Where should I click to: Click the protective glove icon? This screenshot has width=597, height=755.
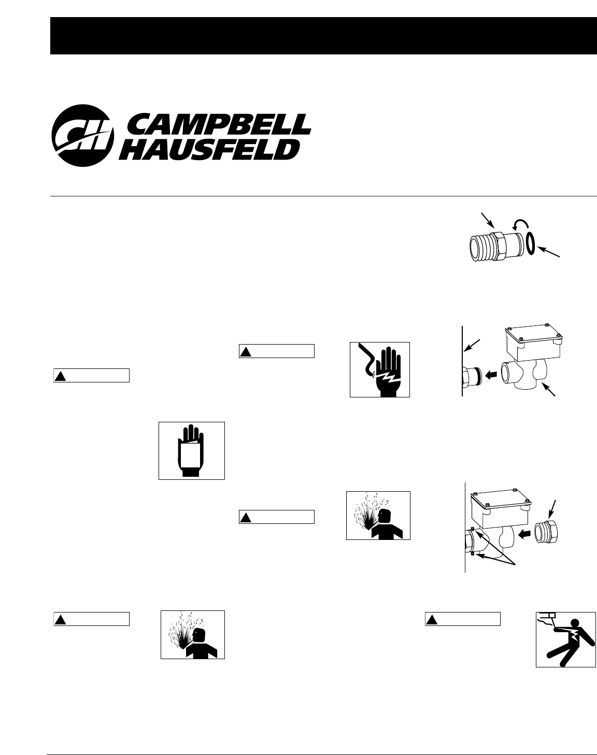point(191,450)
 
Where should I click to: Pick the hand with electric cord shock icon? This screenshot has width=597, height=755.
point(379,369)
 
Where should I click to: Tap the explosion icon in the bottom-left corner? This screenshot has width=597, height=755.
point(192,635)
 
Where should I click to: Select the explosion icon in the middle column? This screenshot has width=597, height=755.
point(378,516)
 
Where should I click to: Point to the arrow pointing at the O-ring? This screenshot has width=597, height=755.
point(549,253)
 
